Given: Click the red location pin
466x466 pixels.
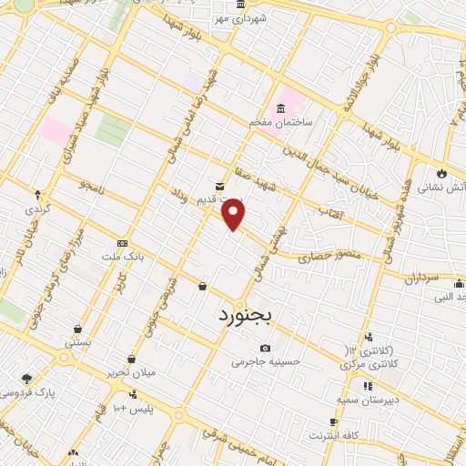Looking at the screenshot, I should click(234, 214).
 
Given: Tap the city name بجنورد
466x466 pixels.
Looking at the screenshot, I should click(252, 316).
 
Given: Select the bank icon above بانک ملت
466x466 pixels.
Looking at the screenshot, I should click(122, 243).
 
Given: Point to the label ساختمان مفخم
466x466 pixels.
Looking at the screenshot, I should click(282, 121).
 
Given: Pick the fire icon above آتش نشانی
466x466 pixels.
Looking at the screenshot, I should click(442, 172).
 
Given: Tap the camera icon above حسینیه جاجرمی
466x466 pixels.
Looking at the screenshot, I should click(265, 348).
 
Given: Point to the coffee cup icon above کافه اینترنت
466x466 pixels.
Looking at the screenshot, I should click(334, 421).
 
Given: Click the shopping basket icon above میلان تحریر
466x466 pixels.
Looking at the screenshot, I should click(132, 359).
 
